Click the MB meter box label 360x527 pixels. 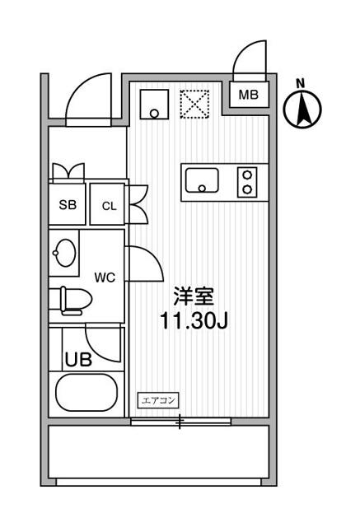[x=249, y=95]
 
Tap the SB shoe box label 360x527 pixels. [x=68, y=205]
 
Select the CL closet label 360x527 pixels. [x=110, y=206]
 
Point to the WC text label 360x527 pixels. [x=105, y=277]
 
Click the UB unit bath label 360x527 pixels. [x=78, y=359]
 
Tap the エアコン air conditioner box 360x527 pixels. [x=158, y=400]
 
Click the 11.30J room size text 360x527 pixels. [x=194, y=321]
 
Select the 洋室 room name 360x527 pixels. [x=194, y=296]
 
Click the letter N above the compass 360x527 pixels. [x=301, y=83]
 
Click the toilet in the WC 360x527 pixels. [x=76, y=301]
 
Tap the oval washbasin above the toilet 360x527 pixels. [x=64, y=253]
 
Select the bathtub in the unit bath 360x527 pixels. [x=86, y=392]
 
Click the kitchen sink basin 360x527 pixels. [x=202, y=180]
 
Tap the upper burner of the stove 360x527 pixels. [x=247, y=175]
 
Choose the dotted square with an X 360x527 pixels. [x=194, y=105]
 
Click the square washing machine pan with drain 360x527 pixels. [x=154, y=105]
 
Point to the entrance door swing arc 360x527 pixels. [x=81, y=88]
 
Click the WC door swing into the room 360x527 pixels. [x=152, y=258]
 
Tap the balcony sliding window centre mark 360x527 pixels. [x=180, y=422]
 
